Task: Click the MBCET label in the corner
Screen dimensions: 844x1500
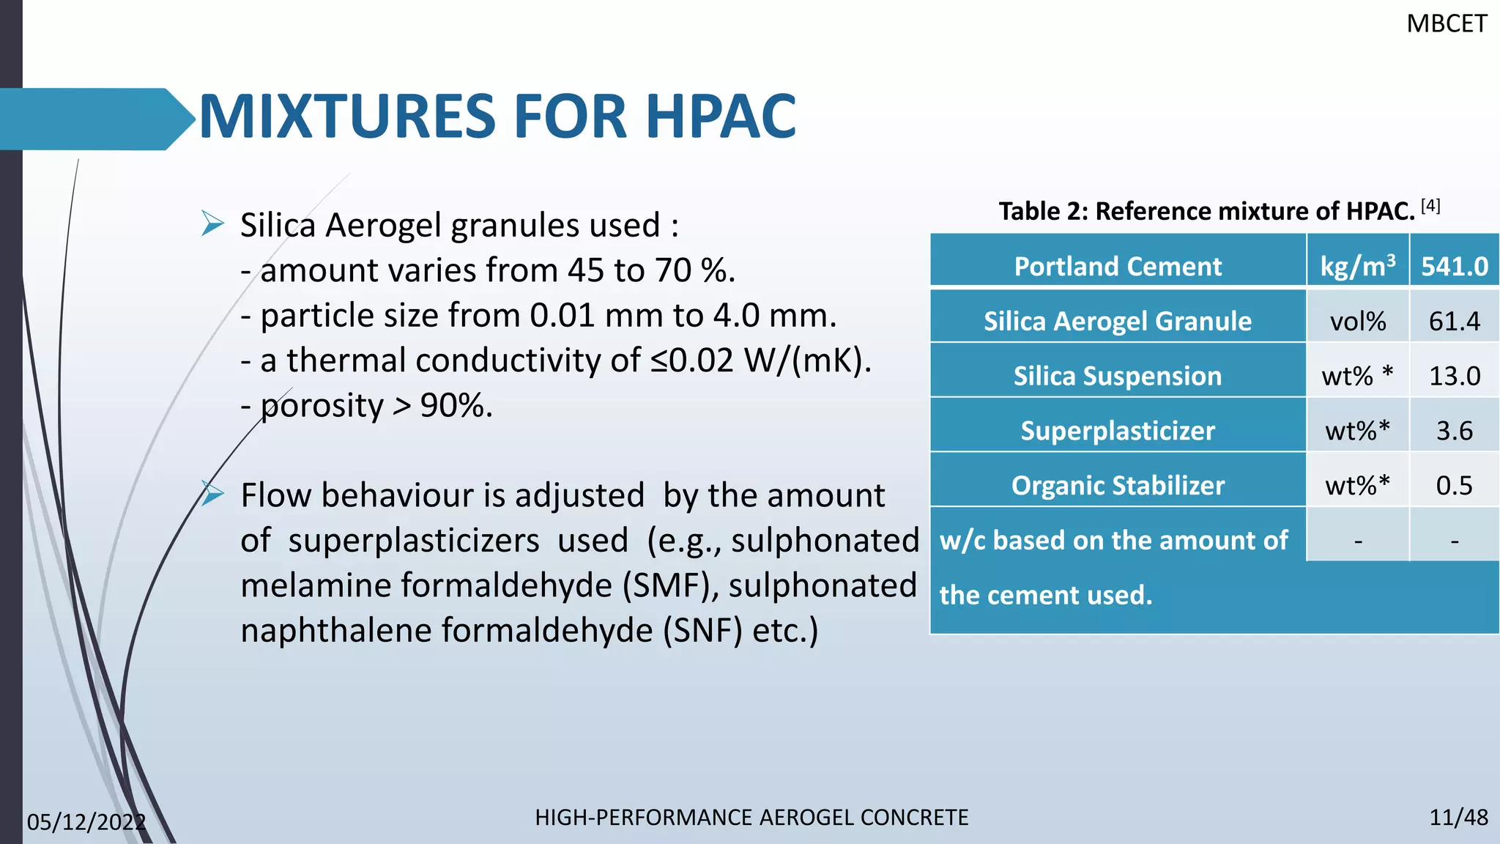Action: tap(1446, 24)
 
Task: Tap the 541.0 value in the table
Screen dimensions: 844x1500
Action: tap(1454, 266)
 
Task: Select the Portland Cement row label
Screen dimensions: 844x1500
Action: tap(1117, 266)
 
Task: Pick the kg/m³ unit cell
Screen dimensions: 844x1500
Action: tap(1357, 266)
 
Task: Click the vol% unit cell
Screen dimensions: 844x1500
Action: tap(1357, 321)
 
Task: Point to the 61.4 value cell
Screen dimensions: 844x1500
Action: tap(1454, 321)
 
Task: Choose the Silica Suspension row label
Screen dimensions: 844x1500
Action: tap(1117, 376)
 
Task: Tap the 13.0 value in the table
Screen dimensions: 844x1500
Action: tap(1454, 376)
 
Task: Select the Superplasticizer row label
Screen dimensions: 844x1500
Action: tap(1117, 431)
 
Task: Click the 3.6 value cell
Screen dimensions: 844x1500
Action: tap(1454, 431)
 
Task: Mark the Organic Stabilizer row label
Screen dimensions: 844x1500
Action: tap(1117, 485)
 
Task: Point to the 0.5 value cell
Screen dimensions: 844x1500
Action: tap(1454, 485)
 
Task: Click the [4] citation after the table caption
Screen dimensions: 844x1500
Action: tap(1430, 206)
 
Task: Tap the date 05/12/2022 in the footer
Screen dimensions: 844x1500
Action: tap(86, 822)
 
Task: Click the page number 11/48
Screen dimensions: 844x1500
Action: tap(1458, 818)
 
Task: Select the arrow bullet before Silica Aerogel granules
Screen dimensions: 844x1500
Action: tap(212, 223)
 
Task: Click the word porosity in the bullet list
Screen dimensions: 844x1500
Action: tap(322, 406)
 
